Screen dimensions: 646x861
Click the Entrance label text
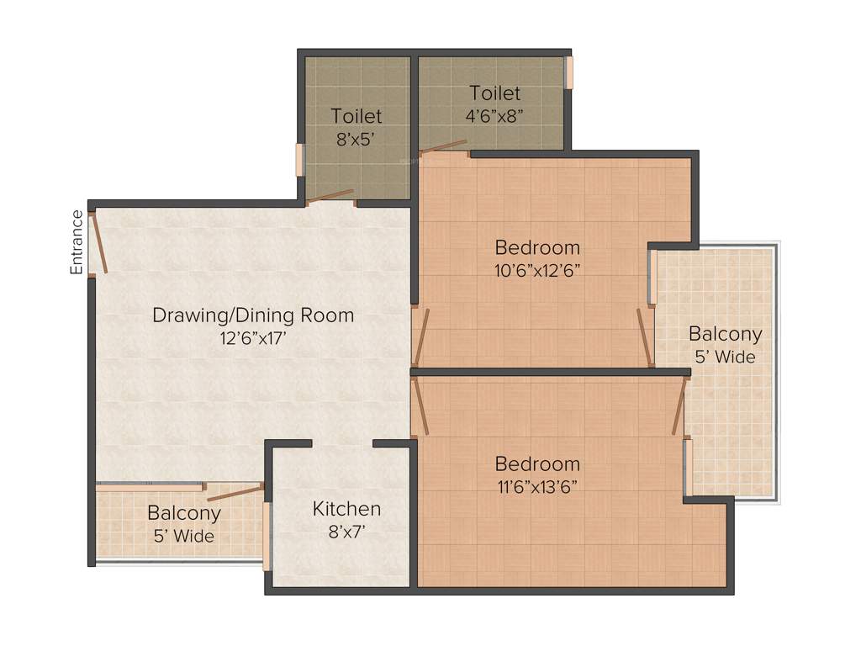click(x=77, y=243)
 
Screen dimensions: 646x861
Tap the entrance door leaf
click(x=99, y=242)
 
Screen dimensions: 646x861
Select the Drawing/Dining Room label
click(x=253, y=316)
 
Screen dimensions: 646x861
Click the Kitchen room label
click(x=346, y=509)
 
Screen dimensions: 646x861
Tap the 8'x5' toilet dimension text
click(x=356, y=139)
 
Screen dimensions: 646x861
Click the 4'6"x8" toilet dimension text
click(x=495, y=115)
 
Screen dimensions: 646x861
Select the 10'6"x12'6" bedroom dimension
click(x=537, y=270)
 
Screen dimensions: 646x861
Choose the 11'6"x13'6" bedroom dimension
click(x=537, y=486)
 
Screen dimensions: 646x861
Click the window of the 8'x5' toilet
click(x=299, y=160)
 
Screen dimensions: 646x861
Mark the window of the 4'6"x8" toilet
click(x=569, y=72)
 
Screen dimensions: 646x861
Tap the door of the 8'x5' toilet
click(x=330, y=198)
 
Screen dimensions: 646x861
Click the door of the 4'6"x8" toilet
click(x=443, y=148)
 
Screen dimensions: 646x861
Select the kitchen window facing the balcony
click(x=267, y=536)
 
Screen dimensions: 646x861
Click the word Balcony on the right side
click(x=725, y=334)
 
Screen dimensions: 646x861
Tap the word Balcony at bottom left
click(x=183, y=512)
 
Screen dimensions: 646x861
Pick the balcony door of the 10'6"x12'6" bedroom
click(x=645, y=337)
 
